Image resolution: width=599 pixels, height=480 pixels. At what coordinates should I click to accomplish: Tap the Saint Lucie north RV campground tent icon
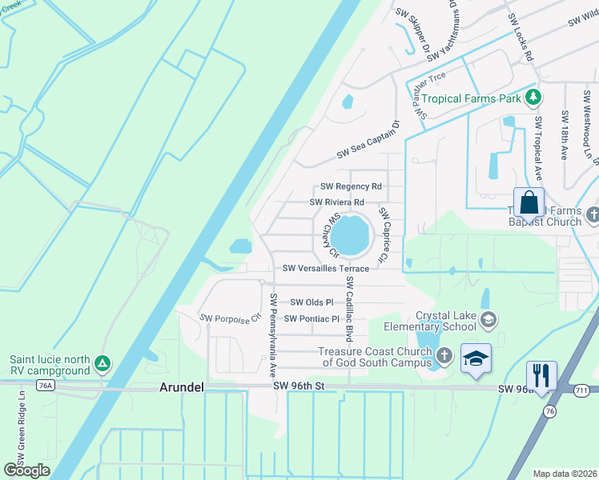pos(102,364)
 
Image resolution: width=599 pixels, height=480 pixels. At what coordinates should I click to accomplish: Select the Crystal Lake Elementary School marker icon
pos(488,321)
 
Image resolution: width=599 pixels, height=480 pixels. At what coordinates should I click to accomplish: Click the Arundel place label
pos(182,387)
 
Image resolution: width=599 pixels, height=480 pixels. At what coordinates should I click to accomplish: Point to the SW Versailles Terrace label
pos(325,269)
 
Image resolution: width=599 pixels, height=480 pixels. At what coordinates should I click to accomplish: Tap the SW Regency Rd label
pos(351,186)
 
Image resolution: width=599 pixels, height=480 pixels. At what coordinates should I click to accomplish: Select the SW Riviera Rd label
pos(337,202)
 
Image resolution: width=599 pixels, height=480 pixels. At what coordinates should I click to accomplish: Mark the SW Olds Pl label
pos(312,302)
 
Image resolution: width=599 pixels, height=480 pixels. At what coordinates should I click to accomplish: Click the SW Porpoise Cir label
pos(231,318)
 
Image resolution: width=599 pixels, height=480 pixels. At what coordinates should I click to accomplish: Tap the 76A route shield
pos(45,386)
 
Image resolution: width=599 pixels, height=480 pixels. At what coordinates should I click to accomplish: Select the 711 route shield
pos(587,389)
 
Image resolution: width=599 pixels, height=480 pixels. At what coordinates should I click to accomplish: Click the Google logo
pos(26,470)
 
